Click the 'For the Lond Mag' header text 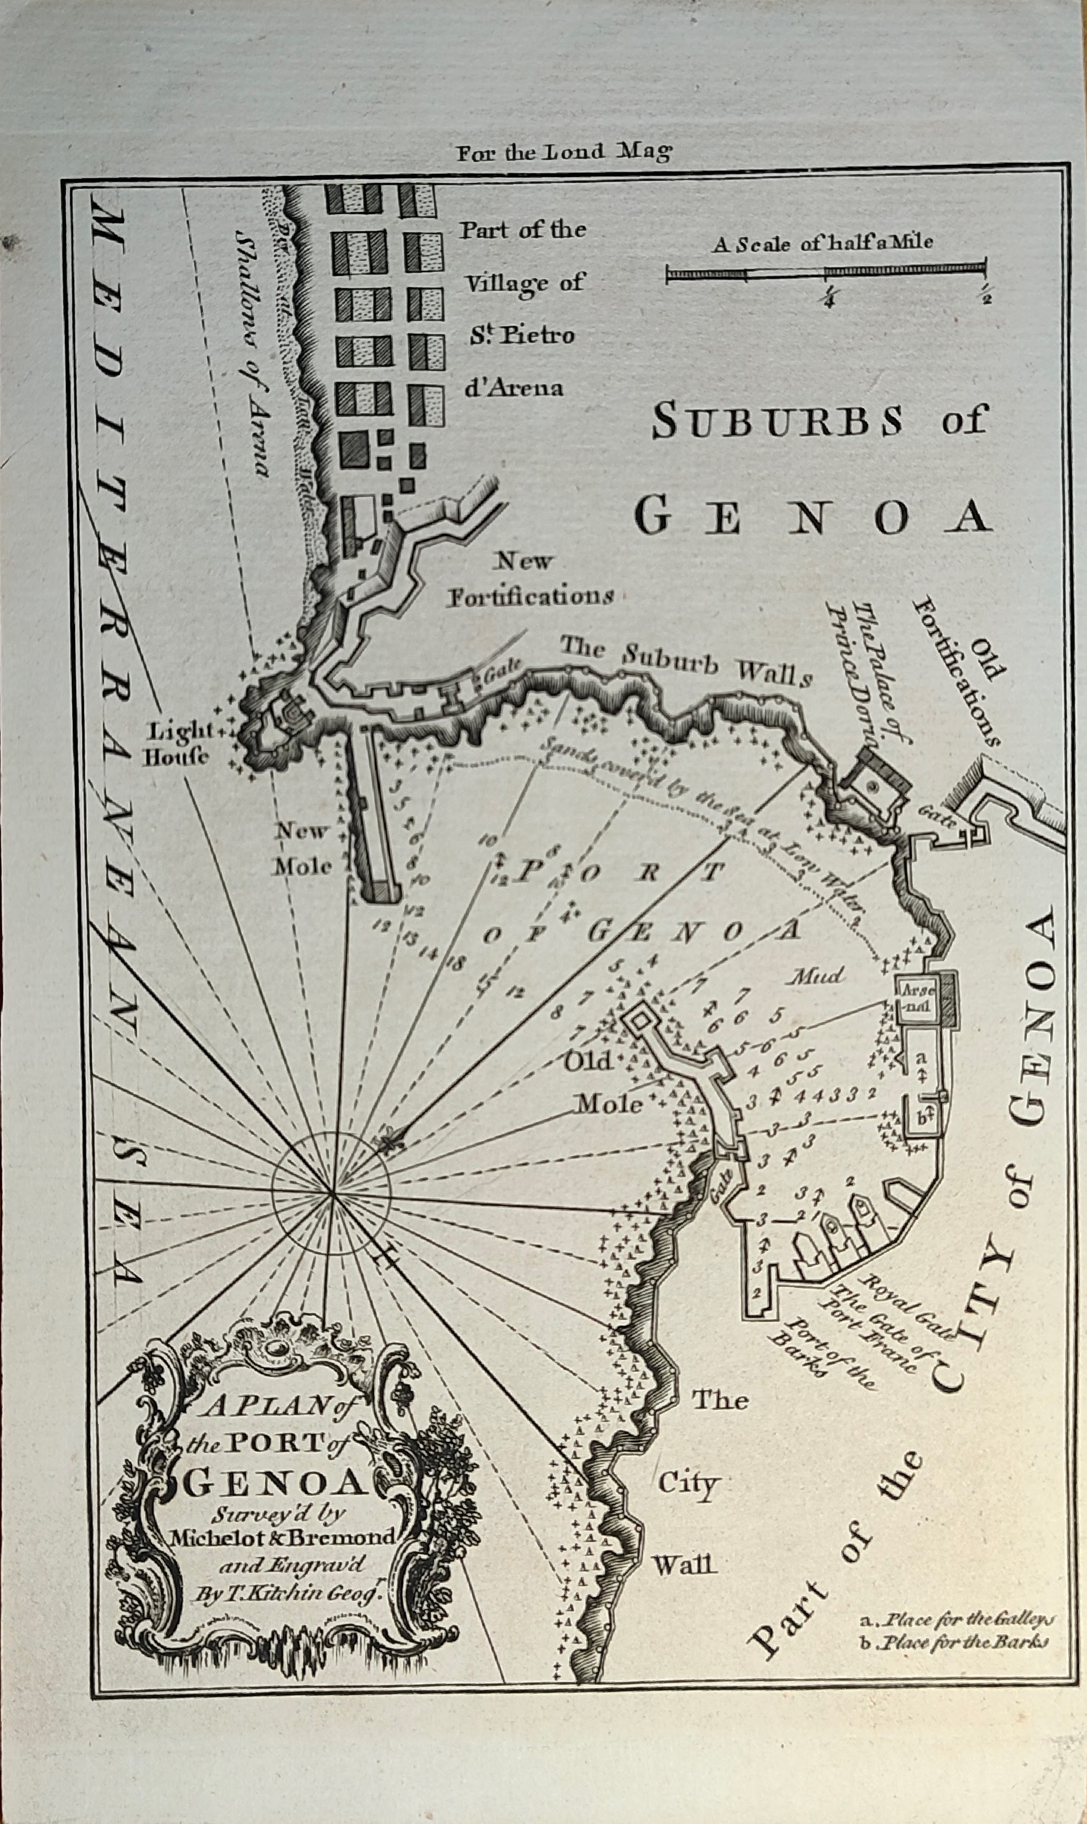click(x=563, y=152)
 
